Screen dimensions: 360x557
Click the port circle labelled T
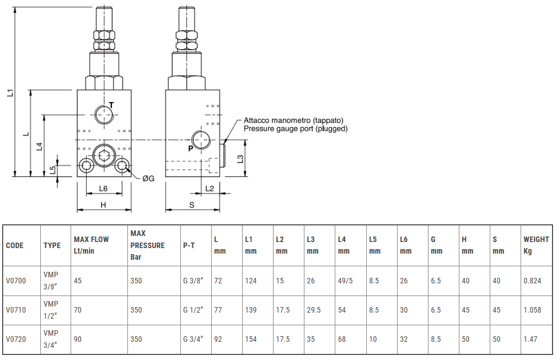104,114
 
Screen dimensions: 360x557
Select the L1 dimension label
10,92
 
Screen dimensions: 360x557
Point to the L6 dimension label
103,189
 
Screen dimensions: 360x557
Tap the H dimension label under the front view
103,205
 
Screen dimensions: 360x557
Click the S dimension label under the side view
191,205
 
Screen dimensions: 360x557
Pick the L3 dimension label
240,158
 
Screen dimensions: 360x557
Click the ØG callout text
148,179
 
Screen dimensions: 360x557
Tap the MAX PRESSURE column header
147,245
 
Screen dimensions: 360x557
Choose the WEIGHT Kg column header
535,245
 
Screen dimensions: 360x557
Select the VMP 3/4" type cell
51,339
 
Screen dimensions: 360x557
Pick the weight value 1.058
532,310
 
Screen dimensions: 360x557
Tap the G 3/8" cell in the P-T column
193,281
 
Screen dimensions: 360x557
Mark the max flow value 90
78,339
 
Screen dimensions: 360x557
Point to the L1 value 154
251,339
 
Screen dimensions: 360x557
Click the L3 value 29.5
314,310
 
